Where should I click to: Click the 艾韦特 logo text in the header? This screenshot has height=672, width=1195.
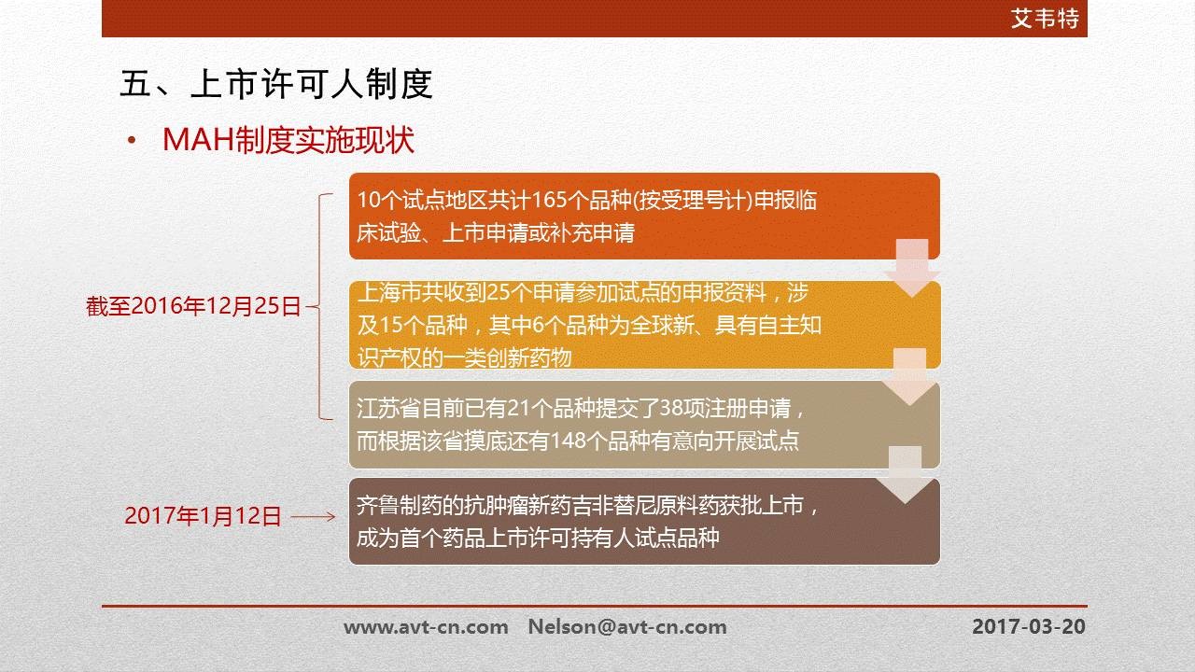point(1045,18)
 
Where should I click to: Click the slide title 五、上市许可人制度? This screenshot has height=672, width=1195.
point(275,84)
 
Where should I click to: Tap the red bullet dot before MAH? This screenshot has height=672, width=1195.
point(132,141)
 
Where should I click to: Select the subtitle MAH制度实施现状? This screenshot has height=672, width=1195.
point(288,140)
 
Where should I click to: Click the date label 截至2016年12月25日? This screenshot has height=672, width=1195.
point(193,306)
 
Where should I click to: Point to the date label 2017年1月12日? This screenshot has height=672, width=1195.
point(203,516)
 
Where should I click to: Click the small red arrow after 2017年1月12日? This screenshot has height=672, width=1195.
point(313,516)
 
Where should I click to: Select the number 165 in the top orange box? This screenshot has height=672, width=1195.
point(549,200)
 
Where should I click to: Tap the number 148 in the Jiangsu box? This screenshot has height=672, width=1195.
point(568,441)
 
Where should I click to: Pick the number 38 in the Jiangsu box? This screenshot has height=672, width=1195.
point(670,408)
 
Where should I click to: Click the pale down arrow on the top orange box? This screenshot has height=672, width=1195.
point(912,268)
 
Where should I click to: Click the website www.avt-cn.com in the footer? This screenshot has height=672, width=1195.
point(426,626)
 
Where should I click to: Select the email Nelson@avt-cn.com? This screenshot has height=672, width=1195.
point(627,626)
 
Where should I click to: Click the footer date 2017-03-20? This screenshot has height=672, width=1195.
point(1029,626)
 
